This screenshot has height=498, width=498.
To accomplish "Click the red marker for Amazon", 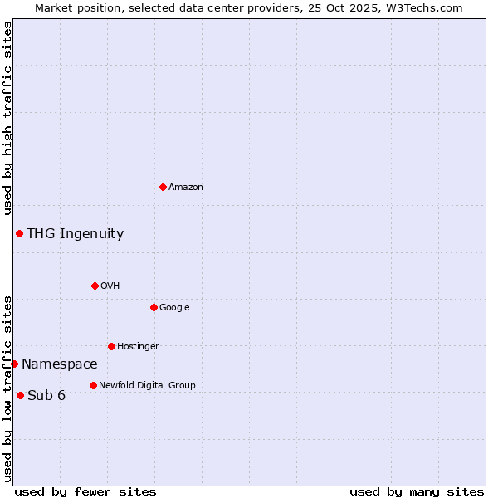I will (x=163, y=187).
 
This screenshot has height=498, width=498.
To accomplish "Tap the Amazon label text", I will (x=186, y=188).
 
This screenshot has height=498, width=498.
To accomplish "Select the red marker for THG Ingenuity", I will (x=19, y=233).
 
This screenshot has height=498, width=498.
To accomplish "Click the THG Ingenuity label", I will (x=75, y=234).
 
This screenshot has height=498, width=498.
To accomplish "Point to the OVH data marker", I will (x=95, y=286).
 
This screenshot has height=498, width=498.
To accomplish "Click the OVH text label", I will (x=110, y=286).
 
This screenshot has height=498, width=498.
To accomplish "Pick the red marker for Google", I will (x=154, y=307).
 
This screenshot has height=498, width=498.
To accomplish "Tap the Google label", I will (x=174, y=308).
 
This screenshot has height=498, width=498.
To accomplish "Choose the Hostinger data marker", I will (x=111, y=346).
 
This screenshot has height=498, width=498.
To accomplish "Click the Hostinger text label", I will (x=138, y=347).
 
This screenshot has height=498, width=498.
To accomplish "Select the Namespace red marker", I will (x=14, y=364).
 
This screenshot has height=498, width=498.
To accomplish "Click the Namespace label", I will (x=60, y=364).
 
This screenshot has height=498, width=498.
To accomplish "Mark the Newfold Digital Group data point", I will (x=93, y=385).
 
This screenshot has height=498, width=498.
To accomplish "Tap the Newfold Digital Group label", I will (x=147, y=386).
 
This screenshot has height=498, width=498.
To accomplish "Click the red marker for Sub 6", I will (x=20, y=395).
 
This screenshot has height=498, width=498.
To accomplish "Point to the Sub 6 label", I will (x=46, y=396).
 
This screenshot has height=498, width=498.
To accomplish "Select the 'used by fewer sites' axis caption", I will (x=85, y=491).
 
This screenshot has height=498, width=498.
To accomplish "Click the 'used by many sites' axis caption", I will (x=417, y=491).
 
